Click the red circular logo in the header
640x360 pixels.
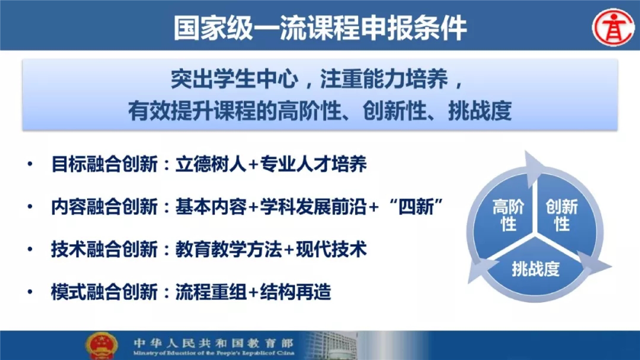pyautogui.click(x=613, y=27)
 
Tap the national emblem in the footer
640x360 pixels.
pyautogui.click(x=101, y=346)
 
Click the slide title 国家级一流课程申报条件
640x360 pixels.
pyautogui.click(x=320, y=28)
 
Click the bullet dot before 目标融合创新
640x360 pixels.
pyautogui.click(x=30, y=164)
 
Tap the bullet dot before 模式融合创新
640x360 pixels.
pyautogui.click(x=30, y=292)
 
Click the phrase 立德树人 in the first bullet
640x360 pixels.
pyautogui.click(x=210, y=164)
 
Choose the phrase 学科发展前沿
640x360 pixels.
pyautogui.click(x=313, y=206)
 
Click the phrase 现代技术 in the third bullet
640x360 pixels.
pyautogui.click(x=331, y=249)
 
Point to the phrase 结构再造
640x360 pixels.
pyautogui.click(x=295, y=292)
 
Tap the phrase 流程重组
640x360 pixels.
pyautogui.click(x=210, y=292)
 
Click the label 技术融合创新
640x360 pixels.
pyautogui.click(x=104, y=249)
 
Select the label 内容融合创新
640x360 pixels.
pyautogui.click(x=104, y=206)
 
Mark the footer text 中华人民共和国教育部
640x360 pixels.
pyautogui.click(x=213, y=343)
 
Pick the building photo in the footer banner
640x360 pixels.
pyautogui.click(x=331, y=345)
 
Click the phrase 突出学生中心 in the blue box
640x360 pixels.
pyautogui.click(x=234, y=79)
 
